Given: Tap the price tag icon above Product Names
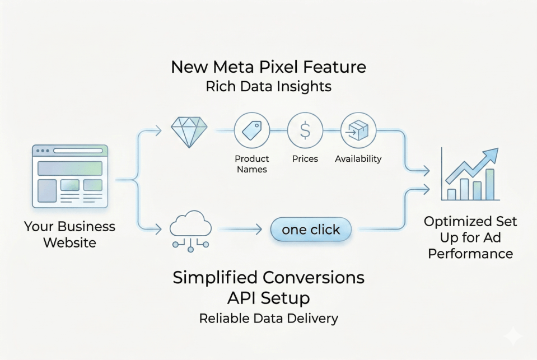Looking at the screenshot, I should click(x=251, y=130).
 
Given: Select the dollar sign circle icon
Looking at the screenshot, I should click(x=305, y=130).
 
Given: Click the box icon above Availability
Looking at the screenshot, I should click(x=358, y=130).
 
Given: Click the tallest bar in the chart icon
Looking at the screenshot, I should click(x=490, y=184).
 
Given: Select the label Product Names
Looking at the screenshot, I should click(x=251, y=163).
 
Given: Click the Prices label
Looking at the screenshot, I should click(x=305, y=158).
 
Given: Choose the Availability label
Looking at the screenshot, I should click(x=358, y=158).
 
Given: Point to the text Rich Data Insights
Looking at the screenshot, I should click(x=268, y=87).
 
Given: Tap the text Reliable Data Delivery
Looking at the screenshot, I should click(x=268, y=319).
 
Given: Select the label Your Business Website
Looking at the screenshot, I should click(x=69, y=235).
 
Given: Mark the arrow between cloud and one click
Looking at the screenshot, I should click(x=241, y=229).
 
